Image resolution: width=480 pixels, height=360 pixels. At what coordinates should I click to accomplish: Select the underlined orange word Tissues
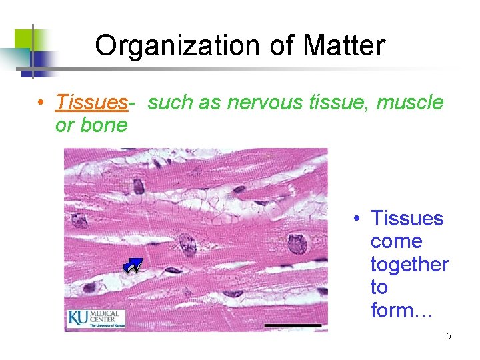(x=91, y=103)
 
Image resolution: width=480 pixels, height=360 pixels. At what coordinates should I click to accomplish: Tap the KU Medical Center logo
(x=95, y=318)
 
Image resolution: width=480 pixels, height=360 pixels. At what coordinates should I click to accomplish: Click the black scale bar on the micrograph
(x=293, y=325)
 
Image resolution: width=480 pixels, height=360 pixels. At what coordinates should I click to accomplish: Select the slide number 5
(x=448, y=336)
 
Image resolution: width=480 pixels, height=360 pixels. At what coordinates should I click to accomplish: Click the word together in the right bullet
(x=409, y=265)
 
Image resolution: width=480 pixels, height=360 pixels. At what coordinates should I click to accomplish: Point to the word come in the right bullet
(x=396, y=241)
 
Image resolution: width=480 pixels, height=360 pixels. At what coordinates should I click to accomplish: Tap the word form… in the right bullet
(x=402, y=311)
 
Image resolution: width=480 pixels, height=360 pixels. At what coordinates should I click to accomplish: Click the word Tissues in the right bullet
(x=407, y=219)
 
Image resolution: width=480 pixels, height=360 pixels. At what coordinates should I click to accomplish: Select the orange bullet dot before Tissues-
(x=41, y=103)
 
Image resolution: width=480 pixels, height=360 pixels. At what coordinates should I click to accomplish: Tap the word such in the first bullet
(x=167, y=103)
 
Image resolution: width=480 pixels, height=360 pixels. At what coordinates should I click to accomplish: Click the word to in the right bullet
(x=379, y=287)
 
